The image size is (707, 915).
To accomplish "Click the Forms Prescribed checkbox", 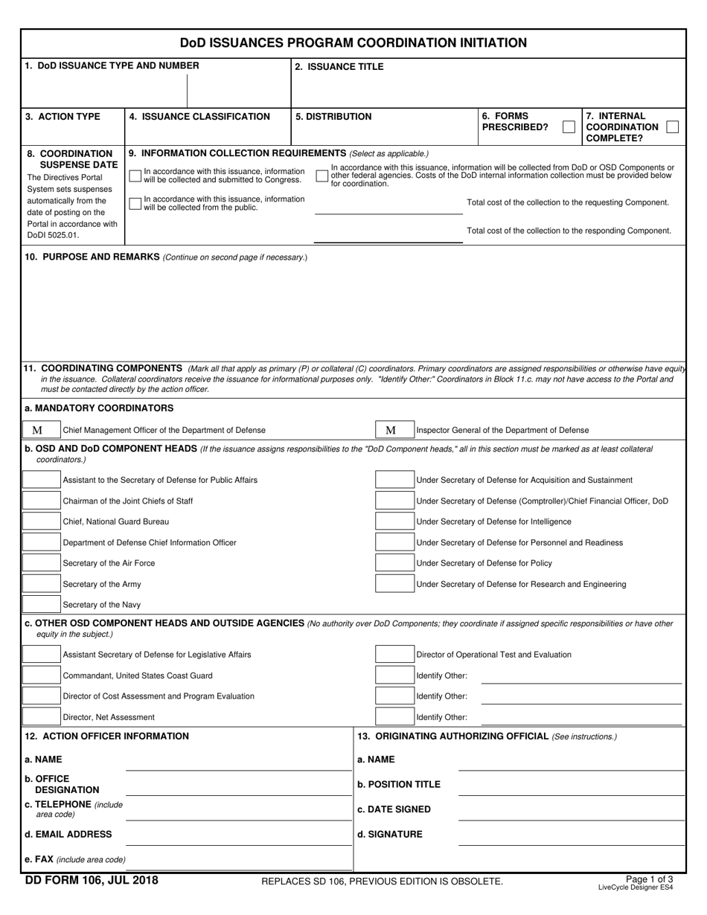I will click(569, 127).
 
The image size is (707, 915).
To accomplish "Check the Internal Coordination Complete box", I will click(672, 127).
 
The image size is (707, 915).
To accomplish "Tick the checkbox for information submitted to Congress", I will click(135, 176).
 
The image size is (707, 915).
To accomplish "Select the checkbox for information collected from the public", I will click(135, 203).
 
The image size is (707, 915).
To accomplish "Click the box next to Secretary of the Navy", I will click(41, 605).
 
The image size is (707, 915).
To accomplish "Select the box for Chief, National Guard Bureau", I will click(41, 521).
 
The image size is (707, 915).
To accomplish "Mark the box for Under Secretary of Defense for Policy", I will click(394, 563).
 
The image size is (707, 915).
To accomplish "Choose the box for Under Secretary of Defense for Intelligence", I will click(394, 521).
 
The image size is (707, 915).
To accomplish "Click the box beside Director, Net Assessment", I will click(41, 717).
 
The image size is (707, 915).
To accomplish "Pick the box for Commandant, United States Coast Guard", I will click(41, 675).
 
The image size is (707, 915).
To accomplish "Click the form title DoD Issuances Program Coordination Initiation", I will click(353, 42).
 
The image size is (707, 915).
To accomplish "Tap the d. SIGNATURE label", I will click(389, 835).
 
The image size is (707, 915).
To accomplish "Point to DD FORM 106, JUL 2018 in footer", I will click(92, 882).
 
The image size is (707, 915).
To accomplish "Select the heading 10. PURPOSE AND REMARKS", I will click(92, 257).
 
